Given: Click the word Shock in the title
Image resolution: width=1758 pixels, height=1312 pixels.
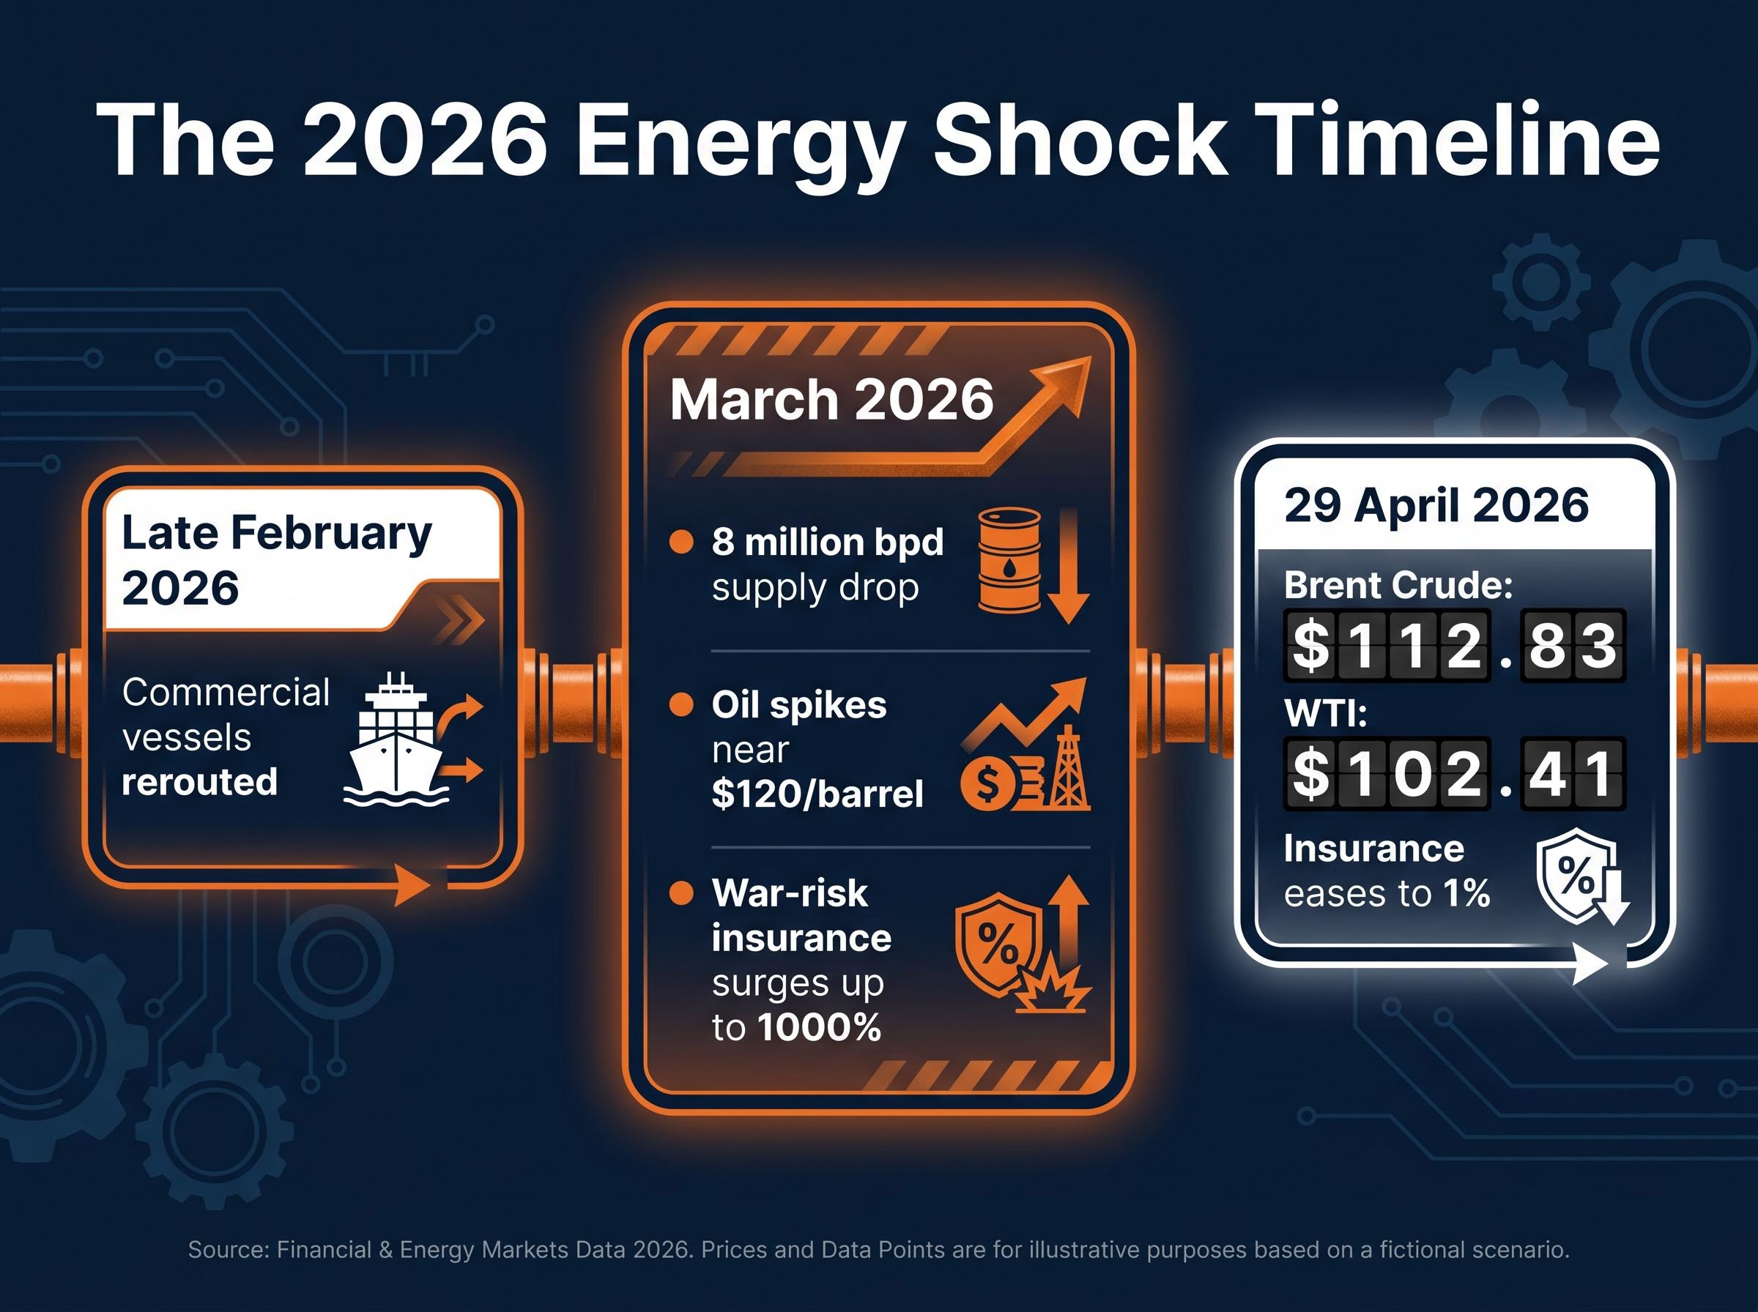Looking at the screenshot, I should pos(1080,141).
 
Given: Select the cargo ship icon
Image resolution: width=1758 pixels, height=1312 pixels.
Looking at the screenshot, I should pos(396,739).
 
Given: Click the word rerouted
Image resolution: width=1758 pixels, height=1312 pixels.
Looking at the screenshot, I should pos(199,782).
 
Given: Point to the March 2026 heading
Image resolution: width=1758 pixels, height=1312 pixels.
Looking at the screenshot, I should pos(831,400).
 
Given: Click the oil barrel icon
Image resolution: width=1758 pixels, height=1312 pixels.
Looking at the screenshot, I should pos(1009,561).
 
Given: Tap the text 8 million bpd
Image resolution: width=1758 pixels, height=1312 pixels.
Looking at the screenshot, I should pos(827,543).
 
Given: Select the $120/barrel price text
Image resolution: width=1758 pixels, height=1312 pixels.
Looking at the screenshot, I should pos(817,794).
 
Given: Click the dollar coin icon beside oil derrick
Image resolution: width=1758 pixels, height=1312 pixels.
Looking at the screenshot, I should pos(987,785).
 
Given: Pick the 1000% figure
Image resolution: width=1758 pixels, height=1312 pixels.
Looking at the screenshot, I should pos(819,1028).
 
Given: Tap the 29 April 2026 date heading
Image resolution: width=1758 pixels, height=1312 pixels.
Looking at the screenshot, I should pos(1436,505).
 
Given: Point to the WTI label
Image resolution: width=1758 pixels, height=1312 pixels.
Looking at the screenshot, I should pos(1325,713).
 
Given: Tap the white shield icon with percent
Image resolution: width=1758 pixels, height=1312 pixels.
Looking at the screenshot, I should pos(1576,875).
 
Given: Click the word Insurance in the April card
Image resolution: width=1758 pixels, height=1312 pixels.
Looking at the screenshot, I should pos(1373,849).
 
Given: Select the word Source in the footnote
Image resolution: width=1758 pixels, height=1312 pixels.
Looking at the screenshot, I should pos(227,1250).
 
